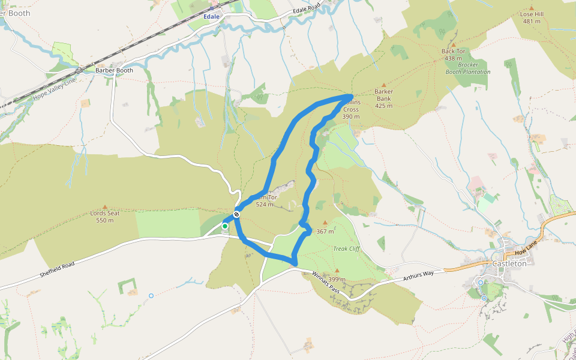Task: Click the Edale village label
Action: click(x=211, y=17)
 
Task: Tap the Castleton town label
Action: click(x=509, y=263)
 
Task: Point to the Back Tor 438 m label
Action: click(x=453, y=55)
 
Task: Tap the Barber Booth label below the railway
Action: click(x=114, y=70)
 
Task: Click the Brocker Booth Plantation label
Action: click(x=467, y=68)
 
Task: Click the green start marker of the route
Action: click(x=225, y=226)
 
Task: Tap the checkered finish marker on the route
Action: click(x=238, y=214)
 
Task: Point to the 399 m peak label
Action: click(x=337, y=279)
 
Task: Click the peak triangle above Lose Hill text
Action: click(x=531, y=8)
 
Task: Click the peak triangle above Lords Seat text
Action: click(x=106, y=206)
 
